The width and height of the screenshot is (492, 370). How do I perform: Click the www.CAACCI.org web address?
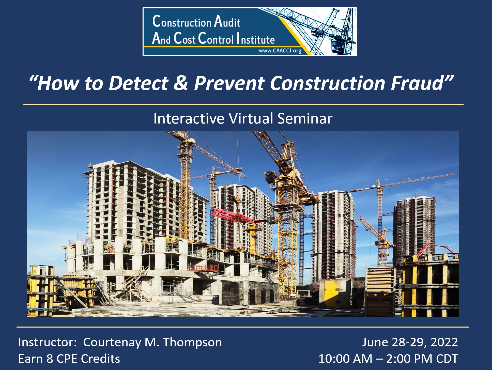coord(280,51)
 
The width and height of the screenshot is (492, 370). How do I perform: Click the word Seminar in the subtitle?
coord(305,118)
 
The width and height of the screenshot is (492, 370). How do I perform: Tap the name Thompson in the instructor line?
coord(192,342)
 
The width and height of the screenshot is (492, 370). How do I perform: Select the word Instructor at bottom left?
coord(46,342)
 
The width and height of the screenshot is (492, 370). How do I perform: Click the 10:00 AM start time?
coord(345,359)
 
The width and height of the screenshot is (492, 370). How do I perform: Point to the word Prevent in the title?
coord(229,83)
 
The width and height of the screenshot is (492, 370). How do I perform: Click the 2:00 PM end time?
coord(409,359)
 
